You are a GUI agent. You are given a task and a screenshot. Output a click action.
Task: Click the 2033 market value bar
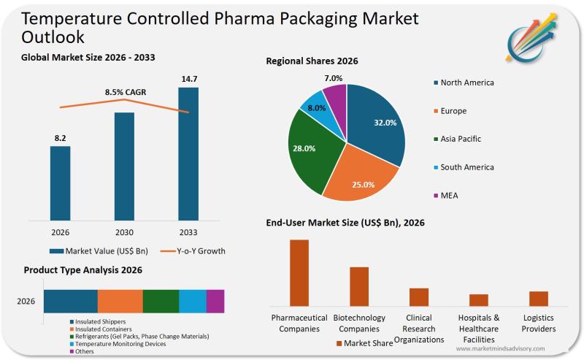pyautogui.click(x=188, y=153)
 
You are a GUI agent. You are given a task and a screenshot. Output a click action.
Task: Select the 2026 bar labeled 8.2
pyautogui.click(x=61, y=183)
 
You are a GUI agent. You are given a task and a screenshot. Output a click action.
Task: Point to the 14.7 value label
pyautogui.click(x=188, y=77)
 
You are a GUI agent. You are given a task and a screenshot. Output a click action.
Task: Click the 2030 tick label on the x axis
pyautogui.click(x=124, y=233)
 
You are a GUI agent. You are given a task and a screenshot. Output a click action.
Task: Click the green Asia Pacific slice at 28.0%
pyautogui.click(x=314, y=150)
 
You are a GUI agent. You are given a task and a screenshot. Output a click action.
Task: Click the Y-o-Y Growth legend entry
pyautogui.click(x=193, y=251)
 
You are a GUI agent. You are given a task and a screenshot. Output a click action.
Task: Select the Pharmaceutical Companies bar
pyautogui.click(x=299, y=272)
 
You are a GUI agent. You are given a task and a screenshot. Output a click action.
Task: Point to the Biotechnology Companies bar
pyautogui.click(x=359, y=286)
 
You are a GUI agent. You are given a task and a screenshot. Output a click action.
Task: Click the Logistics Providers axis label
pyautogui.click(x=539, y=323)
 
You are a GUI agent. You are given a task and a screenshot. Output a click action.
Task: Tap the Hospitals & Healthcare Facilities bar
pyautogui.click(x=479, y=299)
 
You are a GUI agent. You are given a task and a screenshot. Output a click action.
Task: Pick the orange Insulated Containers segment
pyautogui.click(x=120, y=301)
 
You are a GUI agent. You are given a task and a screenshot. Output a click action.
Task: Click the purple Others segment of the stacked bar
pyautogui.click(x=215, y=301)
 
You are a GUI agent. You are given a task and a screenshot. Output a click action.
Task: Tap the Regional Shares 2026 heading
pyautogui.click(x=312, y=61)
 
